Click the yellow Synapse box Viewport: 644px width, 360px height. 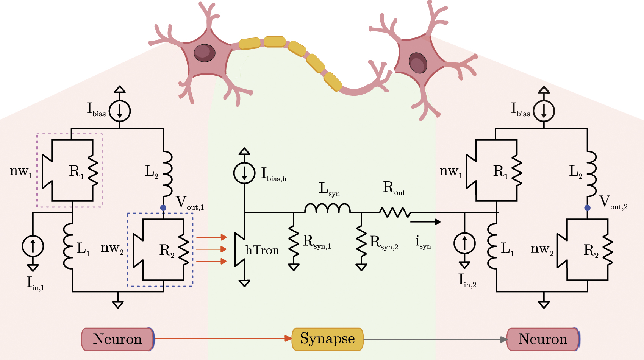click(327, 339)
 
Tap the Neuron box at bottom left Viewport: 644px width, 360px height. click(117, 339)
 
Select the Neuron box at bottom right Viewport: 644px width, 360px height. click(543, 339)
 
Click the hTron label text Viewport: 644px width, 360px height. click(262, 251)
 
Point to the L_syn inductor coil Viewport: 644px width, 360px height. click(327, 208)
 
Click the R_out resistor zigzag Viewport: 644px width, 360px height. click(395, 212)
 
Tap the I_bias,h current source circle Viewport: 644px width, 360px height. click(244, 173)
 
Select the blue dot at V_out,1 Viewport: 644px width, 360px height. click(163, 208)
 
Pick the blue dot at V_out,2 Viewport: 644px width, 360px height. click(587, 208)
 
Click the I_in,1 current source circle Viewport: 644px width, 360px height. click(33, 246)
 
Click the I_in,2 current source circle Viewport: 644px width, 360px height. click(464, 243)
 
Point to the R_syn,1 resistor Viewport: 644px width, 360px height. click(294, 242)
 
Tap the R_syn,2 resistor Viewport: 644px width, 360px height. click(361, 242)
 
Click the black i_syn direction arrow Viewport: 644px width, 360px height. click(425, 222)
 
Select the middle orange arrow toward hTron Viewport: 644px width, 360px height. click(211, 249)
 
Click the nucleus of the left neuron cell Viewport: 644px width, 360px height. click(204, 52)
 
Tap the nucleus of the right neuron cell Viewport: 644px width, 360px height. click(418, 62)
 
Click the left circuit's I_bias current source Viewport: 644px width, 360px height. click(120, 111)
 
